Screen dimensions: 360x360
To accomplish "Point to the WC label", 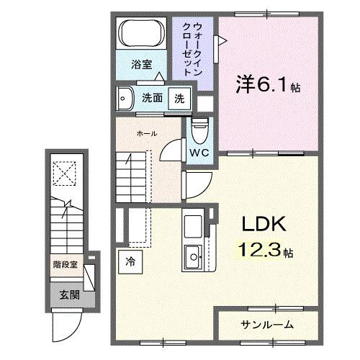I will pos(199,153).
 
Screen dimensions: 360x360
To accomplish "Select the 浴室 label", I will pos(141,65).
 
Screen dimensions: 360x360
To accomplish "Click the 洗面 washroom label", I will pos(152,98).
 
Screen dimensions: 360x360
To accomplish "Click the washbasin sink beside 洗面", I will pos(125,97).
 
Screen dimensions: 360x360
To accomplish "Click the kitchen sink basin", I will pos(194,255).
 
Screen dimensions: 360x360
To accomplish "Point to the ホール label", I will pos(147,133).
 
